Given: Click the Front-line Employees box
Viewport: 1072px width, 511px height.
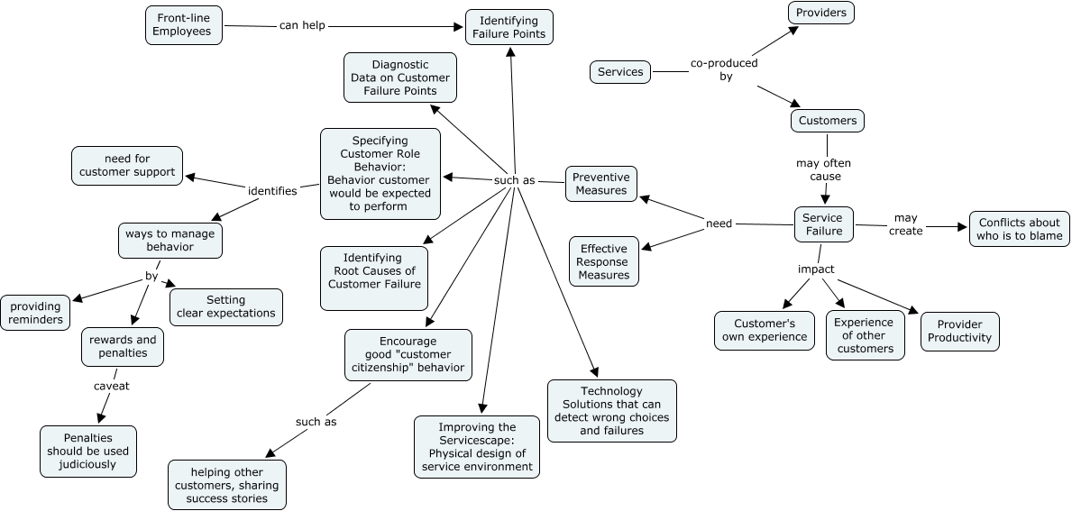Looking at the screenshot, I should pos(183,25).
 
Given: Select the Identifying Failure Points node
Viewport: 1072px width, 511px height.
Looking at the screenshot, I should pos(509,27).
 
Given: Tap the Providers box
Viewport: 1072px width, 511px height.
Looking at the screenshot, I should pos(820,13).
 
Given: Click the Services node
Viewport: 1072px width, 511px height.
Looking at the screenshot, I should pos(620,72).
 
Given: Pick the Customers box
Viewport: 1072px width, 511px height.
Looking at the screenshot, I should pos(828,121).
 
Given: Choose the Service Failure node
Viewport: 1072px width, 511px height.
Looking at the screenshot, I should pos(822,224).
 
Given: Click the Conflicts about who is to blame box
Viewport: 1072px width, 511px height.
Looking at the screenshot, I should pos(1019,229).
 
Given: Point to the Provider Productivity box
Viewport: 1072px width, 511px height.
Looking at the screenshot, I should pos(959,332).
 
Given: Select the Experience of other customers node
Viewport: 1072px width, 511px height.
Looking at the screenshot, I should pos(864,335).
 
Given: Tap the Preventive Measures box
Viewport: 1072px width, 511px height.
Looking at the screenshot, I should pos(600,184).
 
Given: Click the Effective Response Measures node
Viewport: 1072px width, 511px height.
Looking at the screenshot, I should pos(603,261).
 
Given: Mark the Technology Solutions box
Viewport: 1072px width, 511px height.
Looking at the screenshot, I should pos(611,411).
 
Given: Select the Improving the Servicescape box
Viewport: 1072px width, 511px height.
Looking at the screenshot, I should pos(477,447).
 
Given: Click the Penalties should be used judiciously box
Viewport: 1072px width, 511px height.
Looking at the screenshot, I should pos(88,452).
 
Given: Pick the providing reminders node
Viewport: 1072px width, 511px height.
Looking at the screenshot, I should pos(37,313).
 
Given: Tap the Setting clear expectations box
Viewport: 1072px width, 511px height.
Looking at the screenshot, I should pos(225,307).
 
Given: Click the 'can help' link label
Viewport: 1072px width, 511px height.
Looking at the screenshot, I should pos(302,25).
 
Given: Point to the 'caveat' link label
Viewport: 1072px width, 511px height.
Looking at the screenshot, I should pos(112,386).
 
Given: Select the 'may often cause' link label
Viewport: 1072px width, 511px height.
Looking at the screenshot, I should pos(823,169).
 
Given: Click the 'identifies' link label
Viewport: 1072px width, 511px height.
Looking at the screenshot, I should pos(272,191).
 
